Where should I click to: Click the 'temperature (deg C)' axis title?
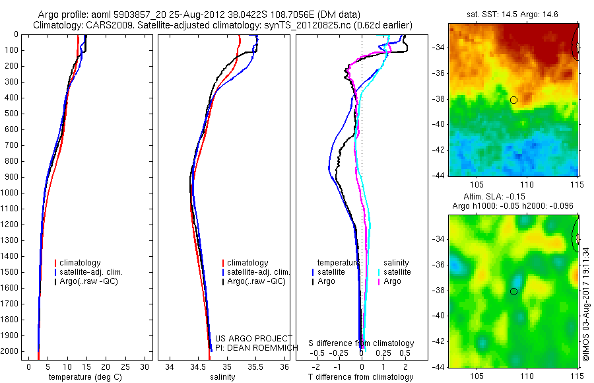click(87, 377)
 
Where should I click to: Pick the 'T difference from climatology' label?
click(360, 377)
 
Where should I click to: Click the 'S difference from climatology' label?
click(361, 343)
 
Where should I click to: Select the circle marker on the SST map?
click(513, 100)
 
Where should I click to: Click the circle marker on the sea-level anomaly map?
click(513, 291)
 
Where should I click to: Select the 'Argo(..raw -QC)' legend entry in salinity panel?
click(256, 281)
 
